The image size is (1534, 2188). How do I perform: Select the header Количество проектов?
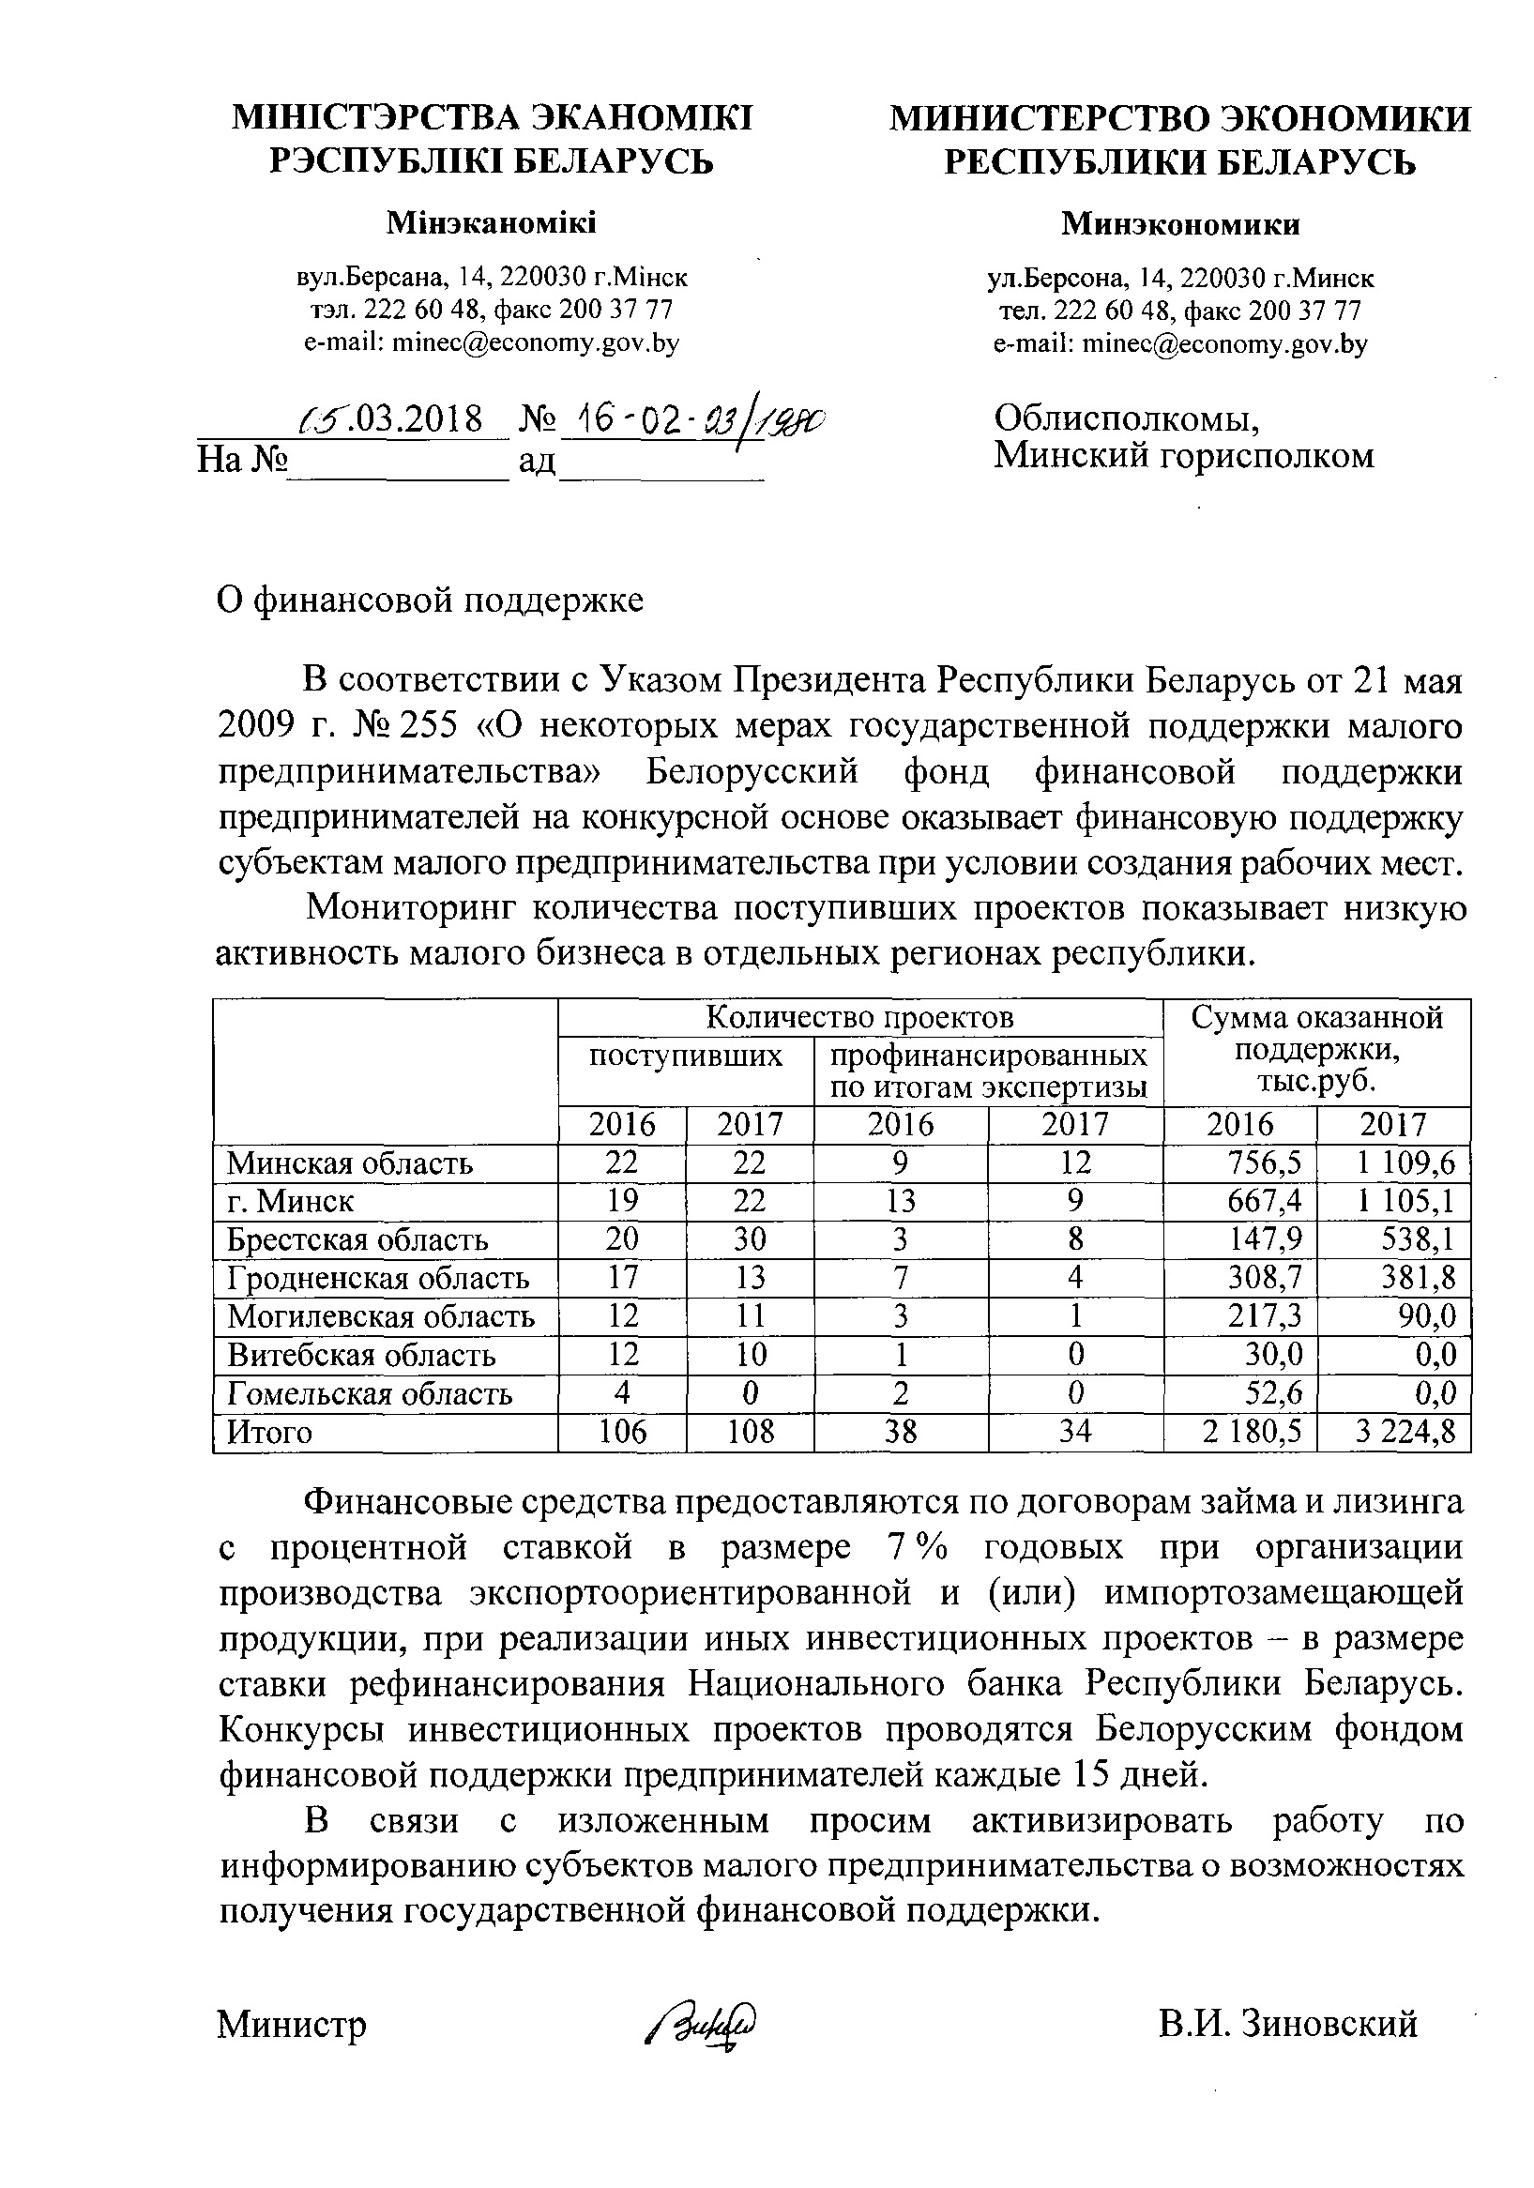859,1018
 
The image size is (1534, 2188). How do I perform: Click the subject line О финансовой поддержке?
430,600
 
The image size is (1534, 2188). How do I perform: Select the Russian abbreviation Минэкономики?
1180,224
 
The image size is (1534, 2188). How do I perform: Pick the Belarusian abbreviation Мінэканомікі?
492,223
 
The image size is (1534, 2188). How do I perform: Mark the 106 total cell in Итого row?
621,1433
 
